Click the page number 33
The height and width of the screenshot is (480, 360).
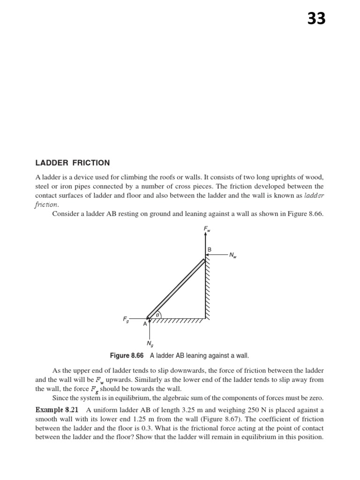click(x=316, y=19)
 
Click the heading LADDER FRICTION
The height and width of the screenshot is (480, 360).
click(x=73, y=163)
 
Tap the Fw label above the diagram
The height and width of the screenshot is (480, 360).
click(x=206, y=229)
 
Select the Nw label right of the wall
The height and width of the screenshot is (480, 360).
click(x=233, y=255)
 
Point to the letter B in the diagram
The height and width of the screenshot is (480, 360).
click(x=210, y=250)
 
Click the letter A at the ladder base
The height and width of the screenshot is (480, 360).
click(x=145, y=324)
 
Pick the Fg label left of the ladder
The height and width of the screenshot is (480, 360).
click(x=126, y=319)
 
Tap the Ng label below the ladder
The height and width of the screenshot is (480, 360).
click(x=150, y=344)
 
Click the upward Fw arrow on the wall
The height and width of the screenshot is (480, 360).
click(x=205, y=244)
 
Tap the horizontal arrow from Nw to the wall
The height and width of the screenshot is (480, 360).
click(x=217, y=255)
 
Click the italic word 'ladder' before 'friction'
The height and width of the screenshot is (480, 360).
click(x=314, y=195)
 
